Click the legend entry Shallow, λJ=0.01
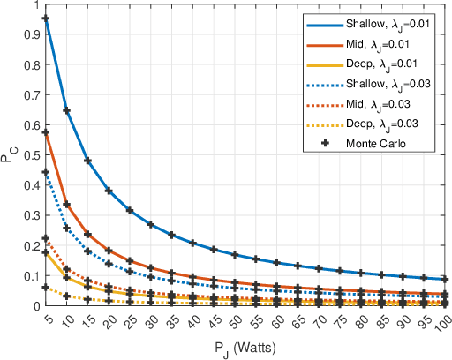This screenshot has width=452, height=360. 380,24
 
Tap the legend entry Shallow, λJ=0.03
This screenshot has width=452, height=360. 380,85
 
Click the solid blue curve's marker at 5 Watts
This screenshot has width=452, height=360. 45,19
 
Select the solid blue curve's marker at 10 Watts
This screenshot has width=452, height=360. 66,110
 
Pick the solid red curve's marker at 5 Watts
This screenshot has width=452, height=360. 45,132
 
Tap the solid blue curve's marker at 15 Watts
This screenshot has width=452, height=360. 87,161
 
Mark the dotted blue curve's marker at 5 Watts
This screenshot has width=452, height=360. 45,172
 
